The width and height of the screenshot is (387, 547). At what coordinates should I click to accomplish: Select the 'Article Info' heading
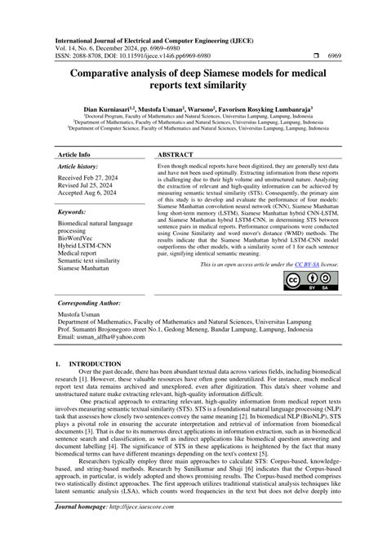(74, 154)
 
